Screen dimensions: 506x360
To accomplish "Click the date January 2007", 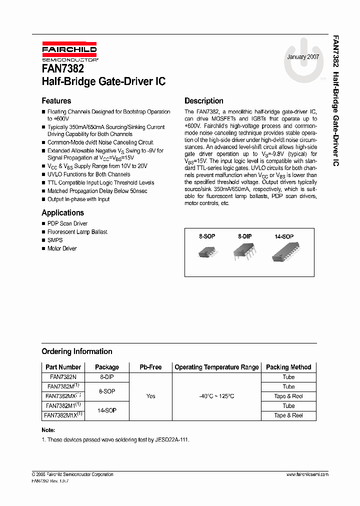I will (303, 57).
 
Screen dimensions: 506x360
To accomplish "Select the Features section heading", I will (56, 101).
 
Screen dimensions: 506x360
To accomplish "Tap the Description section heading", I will (204, 101).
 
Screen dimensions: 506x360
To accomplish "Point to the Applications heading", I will (62, 212).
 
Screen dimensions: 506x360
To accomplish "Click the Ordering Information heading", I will (76, 351).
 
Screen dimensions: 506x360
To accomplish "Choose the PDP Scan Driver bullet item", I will (67, 223).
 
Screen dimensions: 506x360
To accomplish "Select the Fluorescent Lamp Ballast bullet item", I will (77, 232).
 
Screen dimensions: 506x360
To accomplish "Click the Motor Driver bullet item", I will (62, 248).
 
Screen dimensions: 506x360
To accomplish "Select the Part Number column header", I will (63, 367).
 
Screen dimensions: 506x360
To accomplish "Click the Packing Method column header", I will (288, 367).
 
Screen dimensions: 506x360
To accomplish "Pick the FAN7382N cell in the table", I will (63, 377).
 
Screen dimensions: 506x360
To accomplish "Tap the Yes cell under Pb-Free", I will (150, 396).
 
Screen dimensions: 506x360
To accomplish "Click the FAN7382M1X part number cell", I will (63, 415).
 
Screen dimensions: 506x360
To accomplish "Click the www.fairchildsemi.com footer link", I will (307, 474).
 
